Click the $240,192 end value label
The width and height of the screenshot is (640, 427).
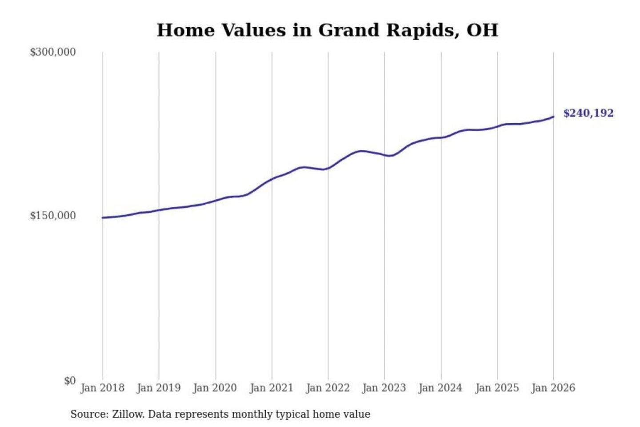pos(588,113)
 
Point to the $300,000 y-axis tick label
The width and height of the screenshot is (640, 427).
pos(53,52)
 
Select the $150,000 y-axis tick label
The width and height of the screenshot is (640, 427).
pos(53,216)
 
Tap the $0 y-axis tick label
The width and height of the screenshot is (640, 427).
pos(70,381)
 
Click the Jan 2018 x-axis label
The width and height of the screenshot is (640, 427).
pos(102,388)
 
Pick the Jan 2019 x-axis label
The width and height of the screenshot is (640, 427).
pos(159,388)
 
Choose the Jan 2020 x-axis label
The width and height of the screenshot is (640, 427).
pos(215,388)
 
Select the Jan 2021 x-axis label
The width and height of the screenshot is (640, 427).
pos(272,388)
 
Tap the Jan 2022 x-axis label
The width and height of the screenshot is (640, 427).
pos(328,388)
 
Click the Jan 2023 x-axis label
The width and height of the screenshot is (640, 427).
pos(384,388)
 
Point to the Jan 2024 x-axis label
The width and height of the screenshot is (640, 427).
pos(440,388)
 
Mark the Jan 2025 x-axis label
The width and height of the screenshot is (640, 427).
pos(497,388)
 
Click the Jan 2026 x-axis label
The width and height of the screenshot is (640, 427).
pos(553,388)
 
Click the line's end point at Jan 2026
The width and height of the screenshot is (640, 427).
pos(553,117)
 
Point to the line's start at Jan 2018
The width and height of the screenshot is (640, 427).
pos(103,218)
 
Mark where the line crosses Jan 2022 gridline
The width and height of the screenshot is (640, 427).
pos(328,168)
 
